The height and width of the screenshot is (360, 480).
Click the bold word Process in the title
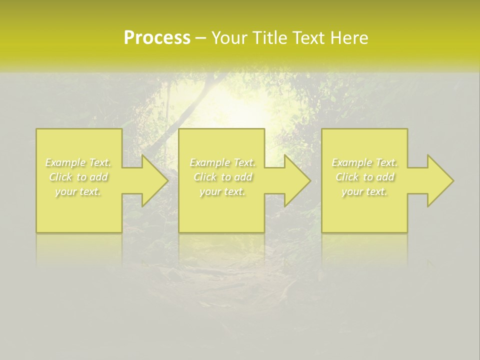[x=157, y=38]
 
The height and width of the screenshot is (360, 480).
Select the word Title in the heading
[x=272, y=38]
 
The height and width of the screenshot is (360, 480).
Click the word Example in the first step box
[x=65, y=162]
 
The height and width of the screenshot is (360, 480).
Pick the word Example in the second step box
[x=209, y=162]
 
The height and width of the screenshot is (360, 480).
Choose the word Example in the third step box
[x=351, y=162]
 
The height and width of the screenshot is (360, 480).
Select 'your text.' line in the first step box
[x=78, y=191]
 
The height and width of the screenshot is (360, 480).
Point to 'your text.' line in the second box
[x=222, y=191]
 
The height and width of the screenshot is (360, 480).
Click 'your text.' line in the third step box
[x=364, y=191]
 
